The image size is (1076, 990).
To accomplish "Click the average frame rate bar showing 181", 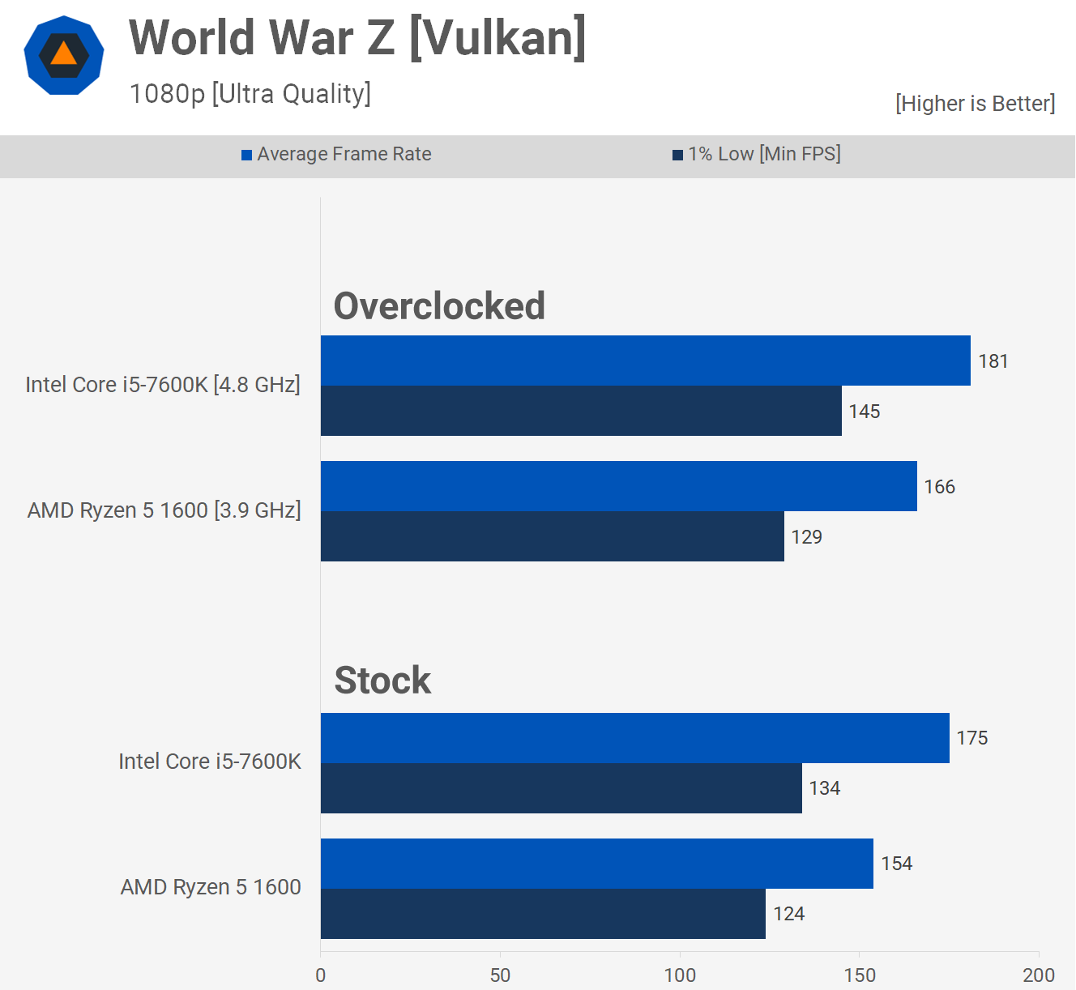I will point(645,361).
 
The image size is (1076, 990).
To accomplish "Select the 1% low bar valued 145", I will point(581,411).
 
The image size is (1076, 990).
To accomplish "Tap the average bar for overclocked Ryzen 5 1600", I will point(618,486).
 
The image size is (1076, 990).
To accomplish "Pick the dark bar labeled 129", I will point(552,536).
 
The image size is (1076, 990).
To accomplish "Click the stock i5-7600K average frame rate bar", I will point(634,738).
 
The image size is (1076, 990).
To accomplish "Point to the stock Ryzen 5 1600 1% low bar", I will point(543,914).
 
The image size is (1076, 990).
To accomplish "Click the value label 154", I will point(896,864).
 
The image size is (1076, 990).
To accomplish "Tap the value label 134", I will point(824,788).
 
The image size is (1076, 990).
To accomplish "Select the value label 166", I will point(939,487).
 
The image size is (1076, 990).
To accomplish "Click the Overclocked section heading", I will point(439,306).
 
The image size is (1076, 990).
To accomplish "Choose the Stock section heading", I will point(382,681).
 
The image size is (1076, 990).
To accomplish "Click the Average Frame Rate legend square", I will point(247,155).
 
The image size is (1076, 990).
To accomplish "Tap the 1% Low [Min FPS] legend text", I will point(764,154).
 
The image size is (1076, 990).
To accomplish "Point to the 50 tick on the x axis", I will point(500,975).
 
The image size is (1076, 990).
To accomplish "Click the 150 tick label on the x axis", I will point(859,975).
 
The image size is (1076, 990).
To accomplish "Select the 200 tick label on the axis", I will point(1038,975).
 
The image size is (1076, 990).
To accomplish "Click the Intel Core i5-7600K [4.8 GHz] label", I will point(163,384).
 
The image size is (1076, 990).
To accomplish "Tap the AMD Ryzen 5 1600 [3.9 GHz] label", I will point(164,510).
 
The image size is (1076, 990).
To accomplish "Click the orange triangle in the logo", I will point(63,55).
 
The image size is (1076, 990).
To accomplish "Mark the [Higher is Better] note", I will point(975,104).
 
